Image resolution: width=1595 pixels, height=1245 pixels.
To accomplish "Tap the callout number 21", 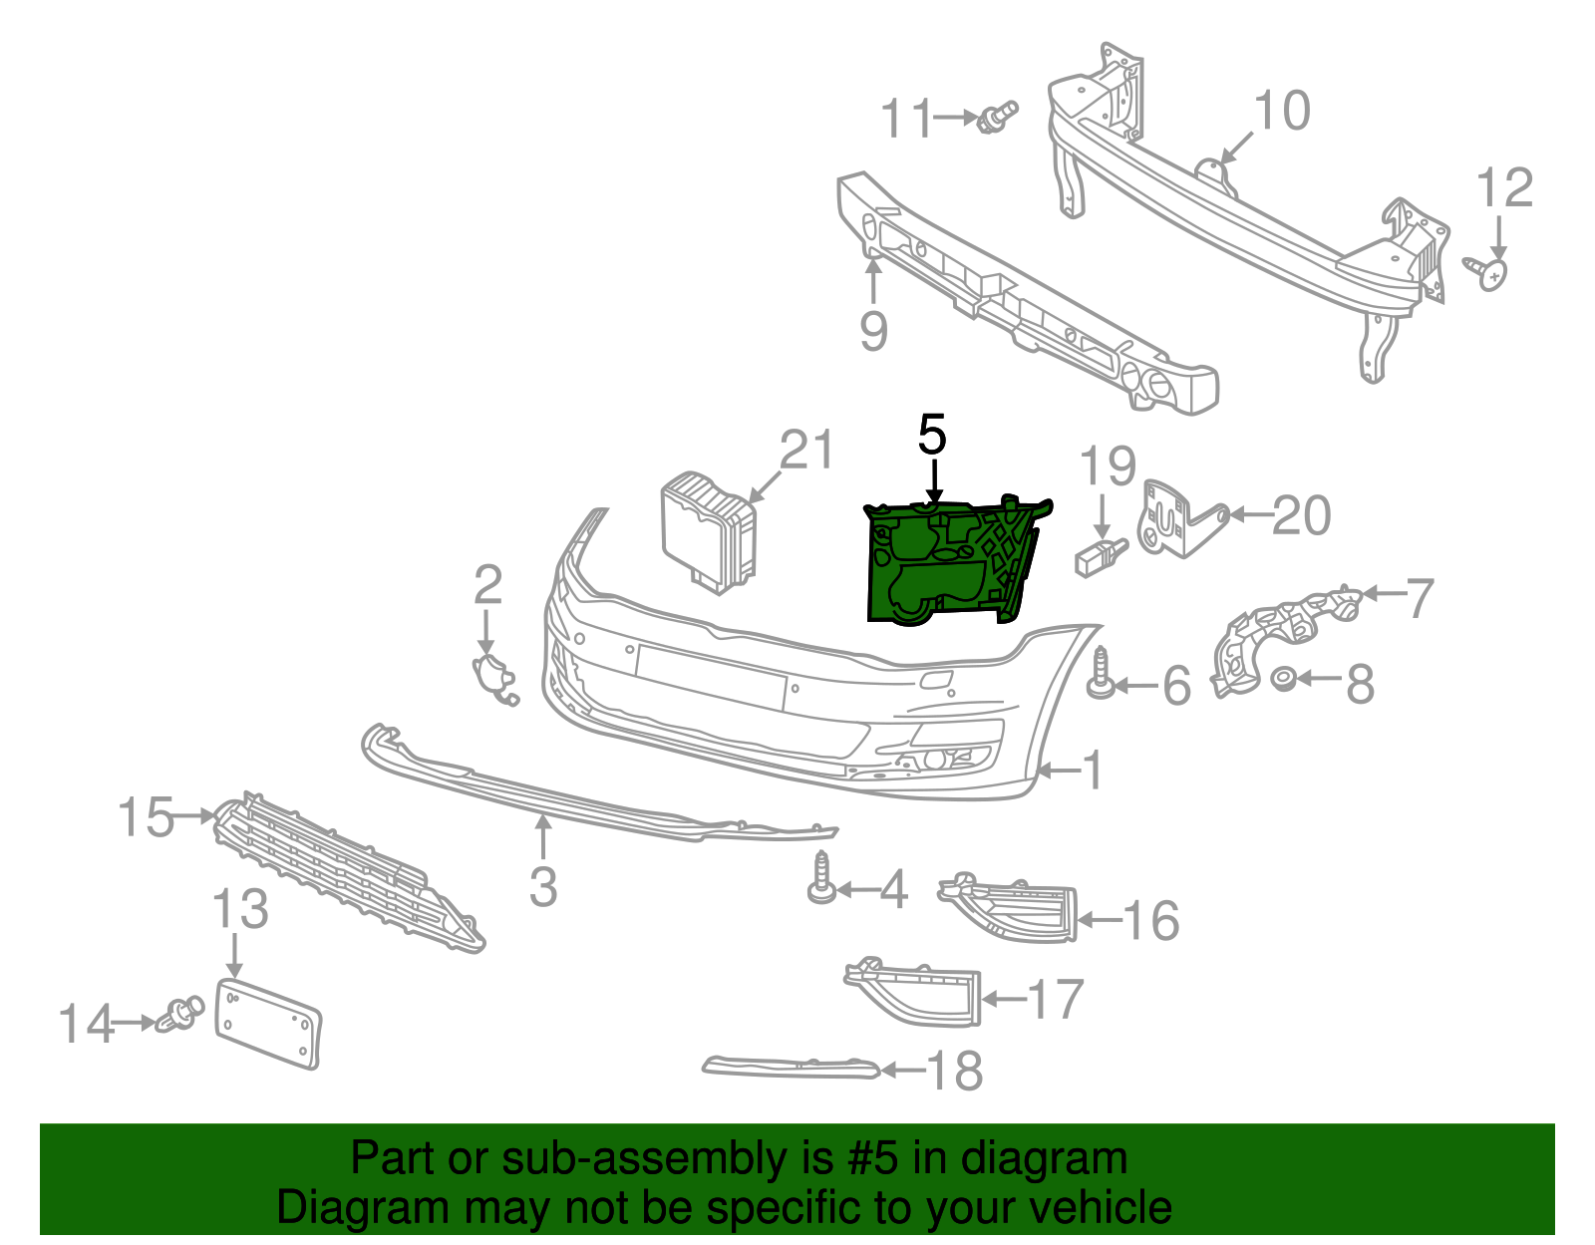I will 805,451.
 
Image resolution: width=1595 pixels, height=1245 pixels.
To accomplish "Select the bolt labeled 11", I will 997,117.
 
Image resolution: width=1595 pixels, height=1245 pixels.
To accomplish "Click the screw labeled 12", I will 1488,271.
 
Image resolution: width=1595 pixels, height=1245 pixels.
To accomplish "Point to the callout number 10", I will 1281,111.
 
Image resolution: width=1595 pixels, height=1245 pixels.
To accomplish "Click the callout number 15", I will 146,817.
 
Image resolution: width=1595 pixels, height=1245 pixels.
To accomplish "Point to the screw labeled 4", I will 821,880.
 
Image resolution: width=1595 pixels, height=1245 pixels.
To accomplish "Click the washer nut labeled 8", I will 1284,680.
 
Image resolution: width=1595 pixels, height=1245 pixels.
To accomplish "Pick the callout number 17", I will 1055,999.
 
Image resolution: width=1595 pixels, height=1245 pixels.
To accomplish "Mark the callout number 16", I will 1151,920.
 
